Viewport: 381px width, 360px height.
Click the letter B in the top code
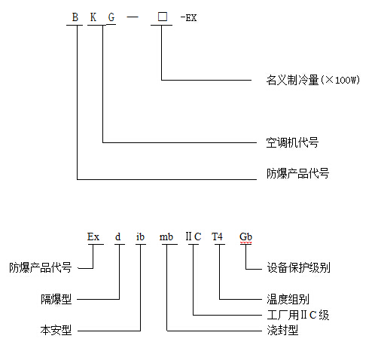point(75,17)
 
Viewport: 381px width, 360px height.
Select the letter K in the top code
point(93,17)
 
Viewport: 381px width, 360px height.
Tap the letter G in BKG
point(111,17)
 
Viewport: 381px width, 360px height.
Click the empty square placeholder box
point(163,17)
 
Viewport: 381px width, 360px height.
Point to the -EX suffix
point(188,18)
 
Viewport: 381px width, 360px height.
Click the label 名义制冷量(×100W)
point(313,80)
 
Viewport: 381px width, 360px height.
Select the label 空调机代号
point(292,142)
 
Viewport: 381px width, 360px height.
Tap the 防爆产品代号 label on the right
point(297,173)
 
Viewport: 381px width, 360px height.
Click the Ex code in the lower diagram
point(93,236)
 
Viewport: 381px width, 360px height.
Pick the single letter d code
point(117,236)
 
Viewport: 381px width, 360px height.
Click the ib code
point(140,236)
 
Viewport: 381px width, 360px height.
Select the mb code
point(166,236)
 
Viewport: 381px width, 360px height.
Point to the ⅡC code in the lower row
point(194,236)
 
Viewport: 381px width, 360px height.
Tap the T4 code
point(217,236)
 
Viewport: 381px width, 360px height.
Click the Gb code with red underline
point(245,236)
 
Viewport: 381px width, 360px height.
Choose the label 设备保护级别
point(298,267)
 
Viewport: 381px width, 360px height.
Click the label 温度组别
point(288,299)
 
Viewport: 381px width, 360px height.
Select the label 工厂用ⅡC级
point(298,315)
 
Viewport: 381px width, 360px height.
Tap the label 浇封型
point(282,330)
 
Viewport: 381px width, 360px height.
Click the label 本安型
point(56,330)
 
